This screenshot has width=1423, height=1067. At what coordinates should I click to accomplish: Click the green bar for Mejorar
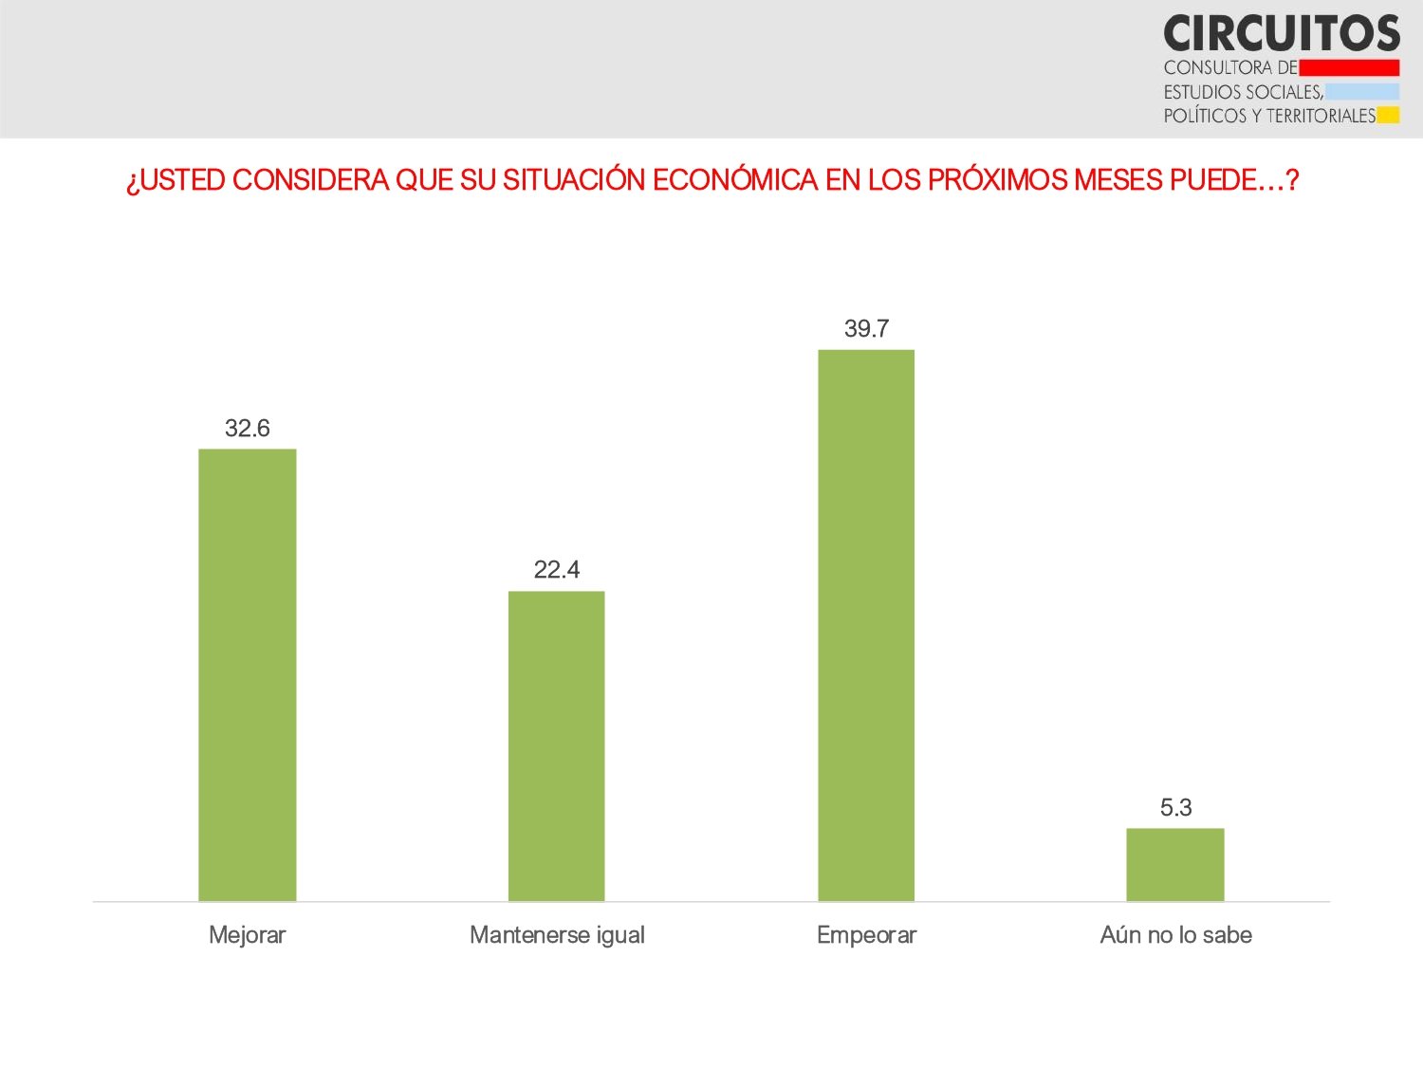[x=247, y=674]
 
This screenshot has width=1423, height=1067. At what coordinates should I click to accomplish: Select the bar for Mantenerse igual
[x=556, y=745]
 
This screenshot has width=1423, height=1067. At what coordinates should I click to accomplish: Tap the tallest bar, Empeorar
[x=866, y=625]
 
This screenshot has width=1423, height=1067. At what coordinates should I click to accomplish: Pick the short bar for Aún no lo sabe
[x=1174, y=864]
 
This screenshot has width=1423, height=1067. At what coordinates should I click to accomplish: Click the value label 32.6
[x=247, y=429]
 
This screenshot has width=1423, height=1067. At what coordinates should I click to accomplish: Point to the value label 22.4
[x=556, y=570]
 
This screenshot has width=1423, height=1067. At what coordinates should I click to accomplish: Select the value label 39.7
[x=866, y=329]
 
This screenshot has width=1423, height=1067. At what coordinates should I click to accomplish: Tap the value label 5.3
[x=1175, y=808]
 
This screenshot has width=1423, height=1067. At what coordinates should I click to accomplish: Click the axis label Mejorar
[x=247, y=935]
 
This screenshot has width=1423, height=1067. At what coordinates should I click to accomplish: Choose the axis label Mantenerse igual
[x=557, y=935]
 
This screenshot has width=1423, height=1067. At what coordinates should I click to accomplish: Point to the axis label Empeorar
[x=866, y=935]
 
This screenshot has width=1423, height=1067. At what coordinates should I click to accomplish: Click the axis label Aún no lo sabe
[x=1175, y=935]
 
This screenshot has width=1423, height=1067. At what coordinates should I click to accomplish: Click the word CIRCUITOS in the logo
[x=1281, y=34]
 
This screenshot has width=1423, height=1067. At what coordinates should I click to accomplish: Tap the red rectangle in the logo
[x=1349, y=67]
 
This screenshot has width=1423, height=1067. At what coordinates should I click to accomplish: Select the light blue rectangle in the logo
[x=1362, y=92]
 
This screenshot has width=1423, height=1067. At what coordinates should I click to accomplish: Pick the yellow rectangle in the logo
[x=1388, y=116]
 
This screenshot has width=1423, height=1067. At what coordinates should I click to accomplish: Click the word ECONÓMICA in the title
[x=734, y=180]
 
